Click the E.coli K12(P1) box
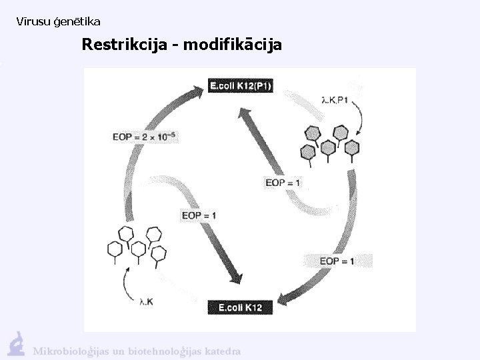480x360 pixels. [x=241, y=85]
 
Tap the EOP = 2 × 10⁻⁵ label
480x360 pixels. [x=145, y=137]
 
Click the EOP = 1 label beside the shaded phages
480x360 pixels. [x=283, y=183]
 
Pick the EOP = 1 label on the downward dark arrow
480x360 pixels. [x=199, y=215]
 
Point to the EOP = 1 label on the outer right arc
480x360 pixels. [x=337, y=261]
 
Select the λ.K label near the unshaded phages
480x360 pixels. [x=146, y=302]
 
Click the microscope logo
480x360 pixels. [x=16, y=343]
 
